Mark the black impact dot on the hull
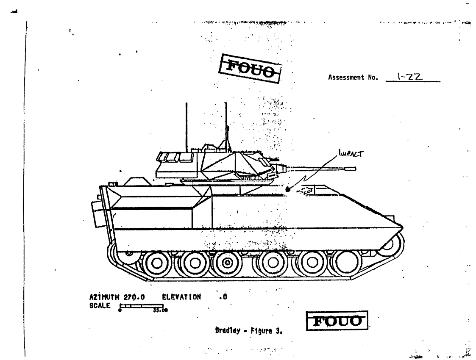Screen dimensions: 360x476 [x=288, y=189]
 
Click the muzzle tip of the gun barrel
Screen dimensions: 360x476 [x=355, y=169]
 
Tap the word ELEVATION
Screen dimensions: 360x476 [x=181, y=298]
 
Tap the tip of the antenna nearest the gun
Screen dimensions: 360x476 [x=225, y=103]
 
